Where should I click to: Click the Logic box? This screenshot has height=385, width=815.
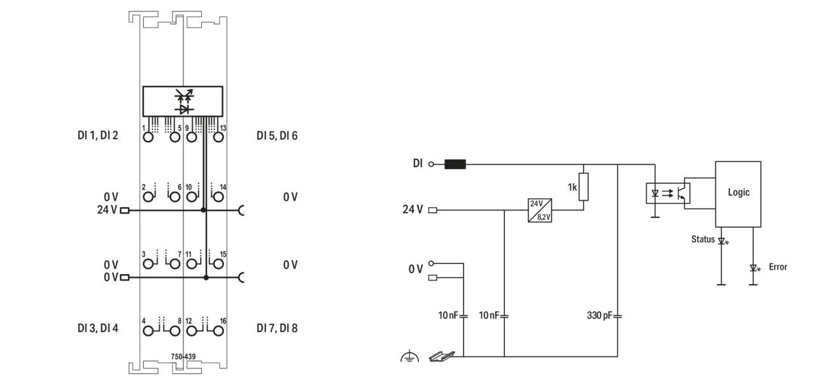(739, 193)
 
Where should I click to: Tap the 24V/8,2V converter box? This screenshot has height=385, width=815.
(539, 210)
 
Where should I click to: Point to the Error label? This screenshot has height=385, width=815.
(777, 267)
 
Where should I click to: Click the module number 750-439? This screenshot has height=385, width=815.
(183, 357)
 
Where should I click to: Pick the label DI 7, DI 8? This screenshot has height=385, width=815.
(277, 329)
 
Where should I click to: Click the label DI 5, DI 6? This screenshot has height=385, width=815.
(277, 135)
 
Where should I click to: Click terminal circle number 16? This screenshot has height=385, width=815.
(218, 330)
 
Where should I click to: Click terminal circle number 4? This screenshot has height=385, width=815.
(148, 330)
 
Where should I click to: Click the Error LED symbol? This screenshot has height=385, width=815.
(754, 268)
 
